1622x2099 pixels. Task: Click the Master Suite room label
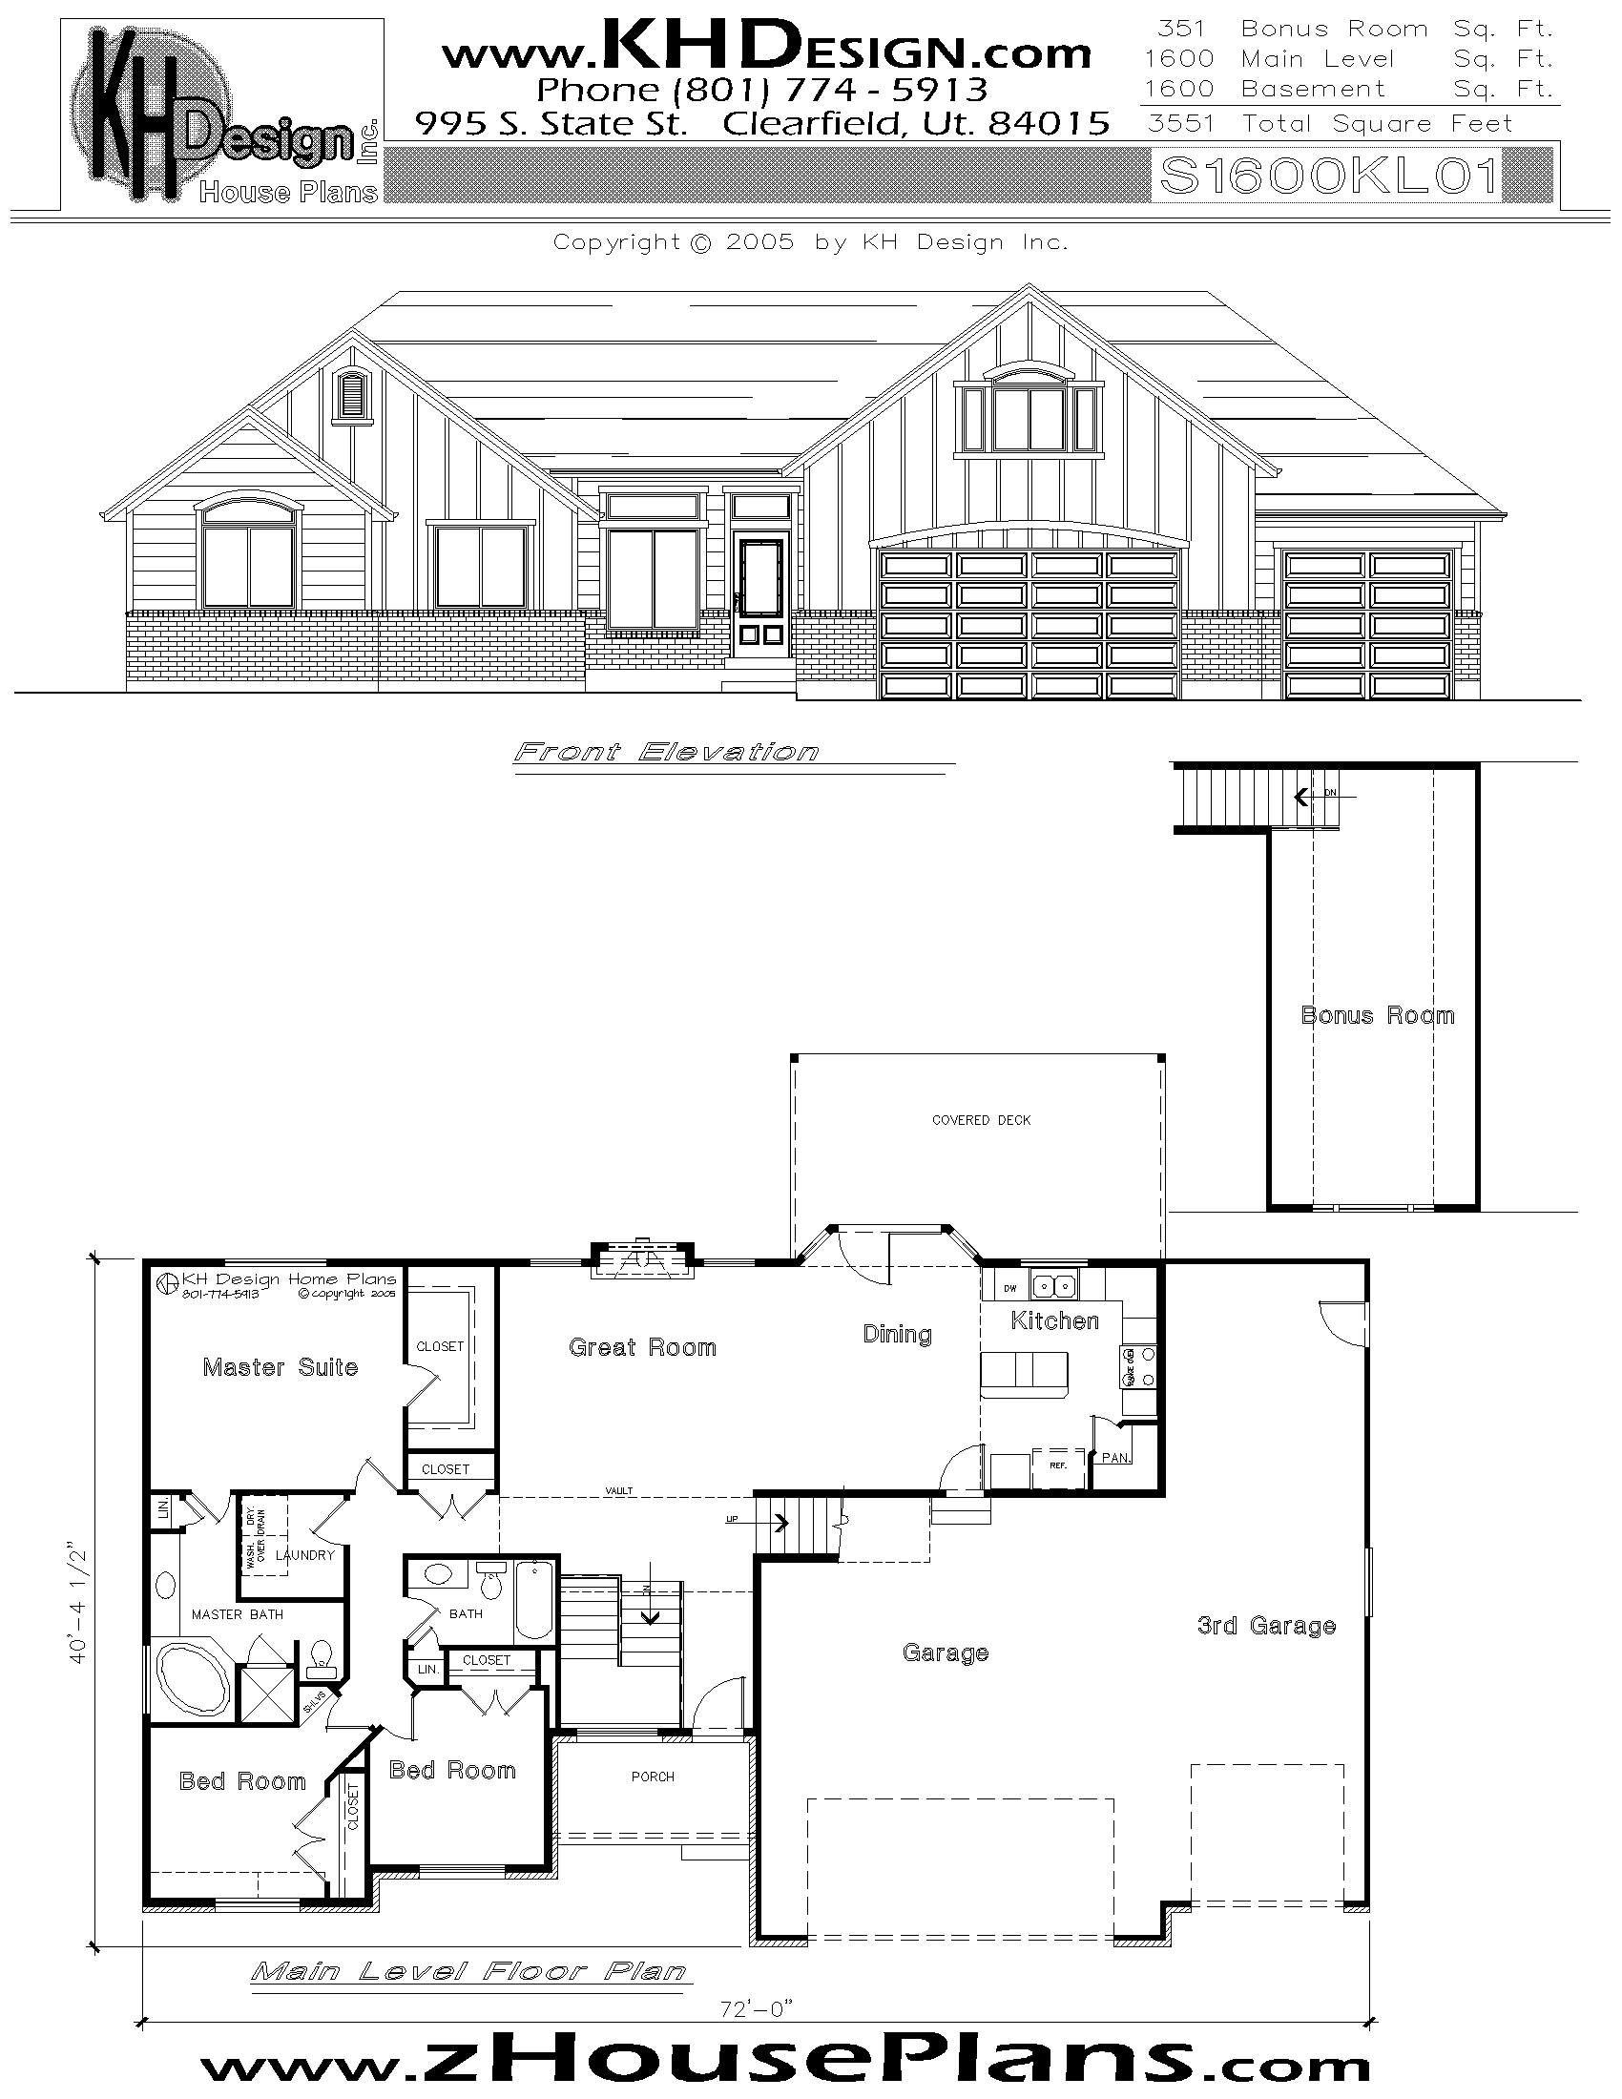280,1367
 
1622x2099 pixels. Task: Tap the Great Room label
642,1347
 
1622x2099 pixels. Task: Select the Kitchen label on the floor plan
1054,1321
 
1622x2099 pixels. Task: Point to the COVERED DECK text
981,1121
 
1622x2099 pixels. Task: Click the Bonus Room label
1377,1016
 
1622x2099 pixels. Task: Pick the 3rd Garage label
1266,1626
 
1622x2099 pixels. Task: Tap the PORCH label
653,1777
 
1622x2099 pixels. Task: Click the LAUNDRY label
304,1555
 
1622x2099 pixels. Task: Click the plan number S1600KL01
1329,176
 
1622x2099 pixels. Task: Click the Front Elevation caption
666,752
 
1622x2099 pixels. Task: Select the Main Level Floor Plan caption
468,1972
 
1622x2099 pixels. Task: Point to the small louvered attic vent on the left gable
353,393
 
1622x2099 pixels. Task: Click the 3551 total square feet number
1181,124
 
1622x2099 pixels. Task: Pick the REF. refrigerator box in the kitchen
1058,1466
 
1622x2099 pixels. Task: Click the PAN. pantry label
1114,1458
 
